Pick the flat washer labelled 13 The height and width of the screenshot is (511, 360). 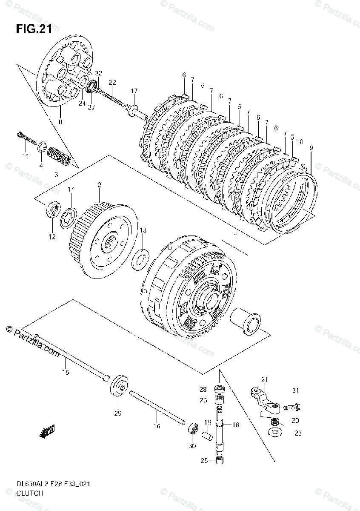click(x=140, y=260)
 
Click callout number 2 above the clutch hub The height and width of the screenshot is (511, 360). click(x=99, y=185)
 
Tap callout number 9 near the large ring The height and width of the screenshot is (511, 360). click(x=311, y=148)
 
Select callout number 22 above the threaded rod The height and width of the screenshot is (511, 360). click(x=112, y=82)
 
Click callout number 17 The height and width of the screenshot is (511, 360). click(x=134, y=90)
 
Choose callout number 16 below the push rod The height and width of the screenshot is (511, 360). click(x=157, y=426)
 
